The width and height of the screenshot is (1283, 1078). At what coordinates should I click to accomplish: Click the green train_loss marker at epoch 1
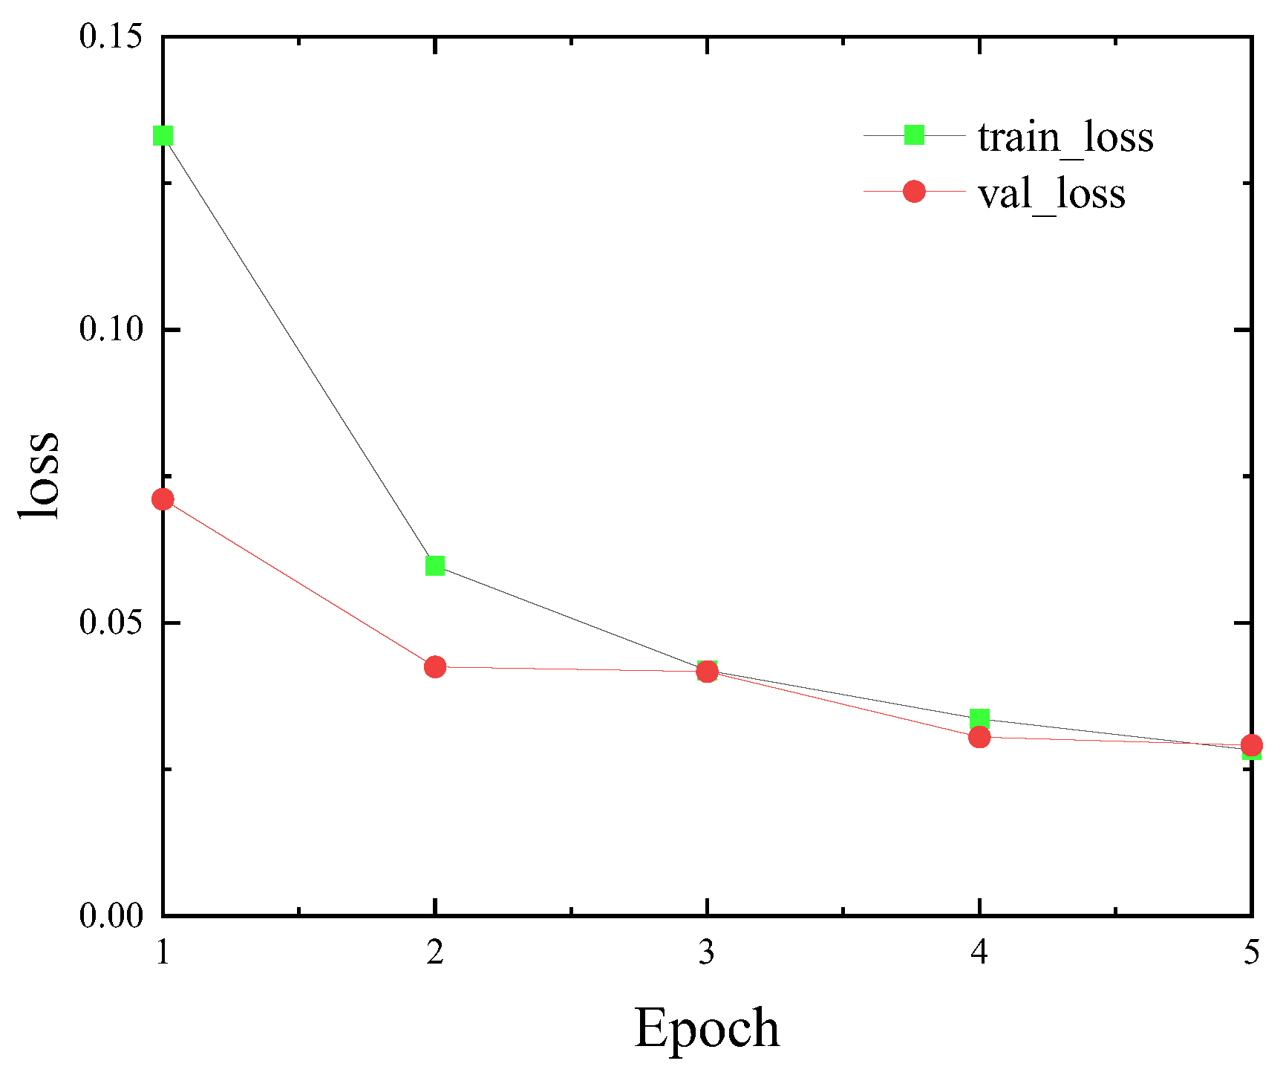(x=163, y=136)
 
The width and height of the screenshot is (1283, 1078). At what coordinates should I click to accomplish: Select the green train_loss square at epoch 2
(x=435, y=566)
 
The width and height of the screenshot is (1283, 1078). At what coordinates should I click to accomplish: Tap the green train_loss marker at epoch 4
(x=980, y=718)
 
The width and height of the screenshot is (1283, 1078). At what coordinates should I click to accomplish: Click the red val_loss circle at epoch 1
(x=163, y=499)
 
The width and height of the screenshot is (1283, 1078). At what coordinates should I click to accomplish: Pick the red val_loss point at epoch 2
(x=435, y=667)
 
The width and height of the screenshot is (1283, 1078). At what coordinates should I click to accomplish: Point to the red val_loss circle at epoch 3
(x=708, y=672)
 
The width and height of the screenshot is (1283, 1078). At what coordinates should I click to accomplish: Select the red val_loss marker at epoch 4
(x=980, y=737)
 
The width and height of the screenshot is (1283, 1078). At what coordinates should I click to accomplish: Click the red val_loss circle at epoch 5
(x=1252, y=745)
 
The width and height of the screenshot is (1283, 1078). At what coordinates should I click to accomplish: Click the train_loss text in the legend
(x=1065, y=137)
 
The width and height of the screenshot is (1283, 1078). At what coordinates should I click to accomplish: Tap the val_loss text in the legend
(x=1051, y=194)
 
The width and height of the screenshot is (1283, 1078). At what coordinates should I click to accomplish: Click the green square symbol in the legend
(x=914, y=135)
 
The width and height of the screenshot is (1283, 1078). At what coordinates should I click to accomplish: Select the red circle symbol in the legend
(x=914, y=192)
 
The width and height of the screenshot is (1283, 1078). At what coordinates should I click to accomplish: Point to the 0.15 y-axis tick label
(x=111, y=37)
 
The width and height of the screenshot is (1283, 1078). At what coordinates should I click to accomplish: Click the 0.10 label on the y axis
(x=111, y=329)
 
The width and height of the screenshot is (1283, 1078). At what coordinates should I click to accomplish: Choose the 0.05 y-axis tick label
(x=111, y=623)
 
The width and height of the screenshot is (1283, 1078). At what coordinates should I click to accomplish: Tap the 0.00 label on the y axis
(x=111, y=915)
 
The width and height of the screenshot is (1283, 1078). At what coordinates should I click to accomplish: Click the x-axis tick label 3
(x=707, y=952)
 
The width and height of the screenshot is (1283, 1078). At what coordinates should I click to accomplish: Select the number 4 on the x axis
(x=979, y=952)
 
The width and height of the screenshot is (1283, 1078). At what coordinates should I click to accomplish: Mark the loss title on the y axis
(x=39, y=475)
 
